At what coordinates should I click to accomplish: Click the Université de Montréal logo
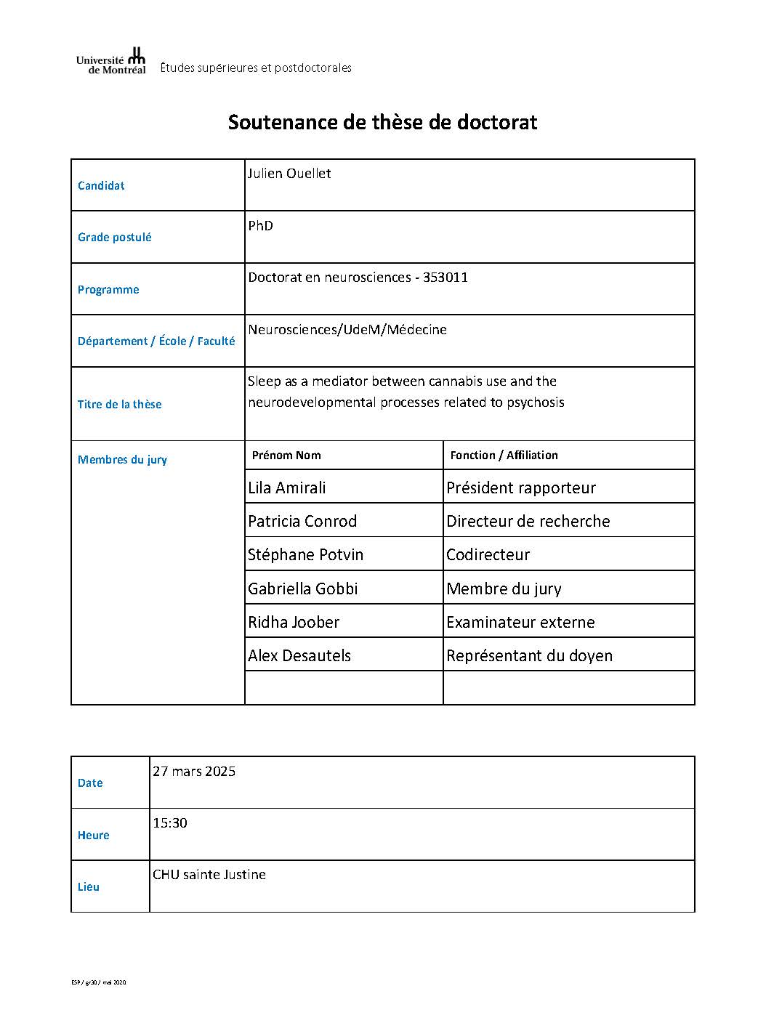111,61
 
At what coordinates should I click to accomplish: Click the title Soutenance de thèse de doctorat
382,121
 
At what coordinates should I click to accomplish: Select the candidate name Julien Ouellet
289,174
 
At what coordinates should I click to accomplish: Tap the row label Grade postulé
115,237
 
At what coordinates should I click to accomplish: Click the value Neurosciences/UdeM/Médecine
347,329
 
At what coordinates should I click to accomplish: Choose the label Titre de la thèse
120,404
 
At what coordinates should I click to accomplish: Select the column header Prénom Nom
286,455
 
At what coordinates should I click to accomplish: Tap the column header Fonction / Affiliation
504,455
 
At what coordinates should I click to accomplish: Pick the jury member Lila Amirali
287,488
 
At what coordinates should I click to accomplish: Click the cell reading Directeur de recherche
528,521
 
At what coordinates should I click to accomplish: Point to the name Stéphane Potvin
305,554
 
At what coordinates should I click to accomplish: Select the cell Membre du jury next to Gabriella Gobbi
504,589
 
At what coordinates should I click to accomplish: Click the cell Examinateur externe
520,622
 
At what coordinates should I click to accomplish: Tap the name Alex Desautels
299,655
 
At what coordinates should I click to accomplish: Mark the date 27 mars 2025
194,771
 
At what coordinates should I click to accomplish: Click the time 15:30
170,822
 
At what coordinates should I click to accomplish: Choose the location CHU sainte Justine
209,874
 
